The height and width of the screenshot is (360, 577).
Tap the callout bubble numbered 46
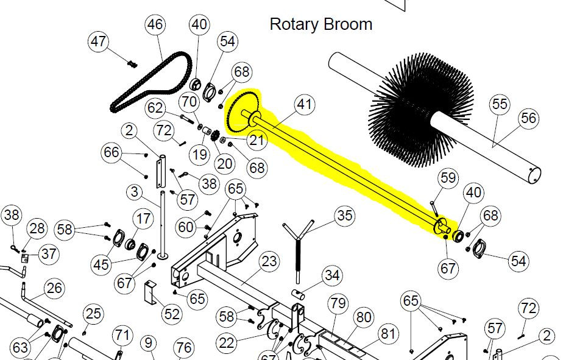155,24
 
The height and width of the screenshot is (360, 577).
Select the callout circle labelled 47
98,41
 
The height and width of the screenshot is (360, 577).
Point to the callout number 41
305,104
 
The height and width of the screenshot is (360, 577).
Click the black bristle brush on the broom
420,108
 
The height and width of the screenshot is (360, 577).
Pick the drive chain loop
151,82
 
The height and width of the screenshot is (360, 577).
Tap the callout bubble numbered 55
500,104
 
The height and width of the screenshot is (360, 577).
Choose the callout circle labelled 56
529,118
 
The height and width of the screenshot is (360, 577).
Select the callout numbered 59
448,178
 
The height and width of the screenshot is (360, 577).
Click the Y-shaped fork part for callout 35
298,250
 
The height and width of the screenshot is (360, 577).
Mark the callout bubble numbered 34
332,275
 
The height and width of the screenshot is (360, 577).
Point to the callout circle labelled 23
269,261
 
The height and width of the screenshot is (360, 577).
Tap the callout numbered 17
144,219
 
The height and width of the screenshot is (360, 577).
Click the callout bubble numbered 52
172,314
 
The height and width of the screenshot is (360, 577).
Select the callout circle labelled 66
112,152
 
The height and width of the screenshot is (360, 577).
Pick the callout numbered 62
155,108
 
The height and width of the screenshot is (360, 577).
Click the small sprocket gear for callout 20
215,137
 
